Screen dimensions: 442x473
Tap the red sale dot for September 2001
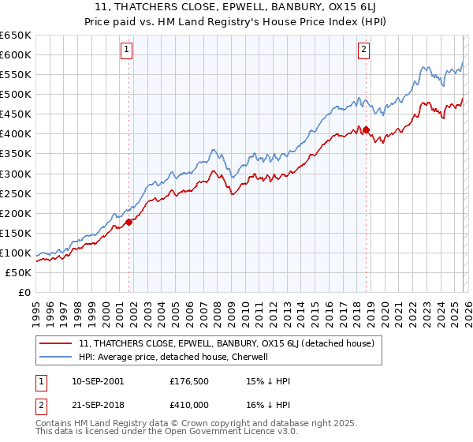point(129,222)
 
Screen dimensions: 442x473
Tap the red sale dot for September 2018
point(367,129)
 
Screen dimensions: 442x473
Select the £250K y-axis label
point(16,193)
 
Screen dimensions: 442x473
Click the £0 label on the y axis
point(24,292)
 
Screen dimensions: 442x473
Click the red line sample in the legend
point(57,343)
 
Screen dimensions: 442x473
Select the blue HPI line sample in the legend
point(57,357)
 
